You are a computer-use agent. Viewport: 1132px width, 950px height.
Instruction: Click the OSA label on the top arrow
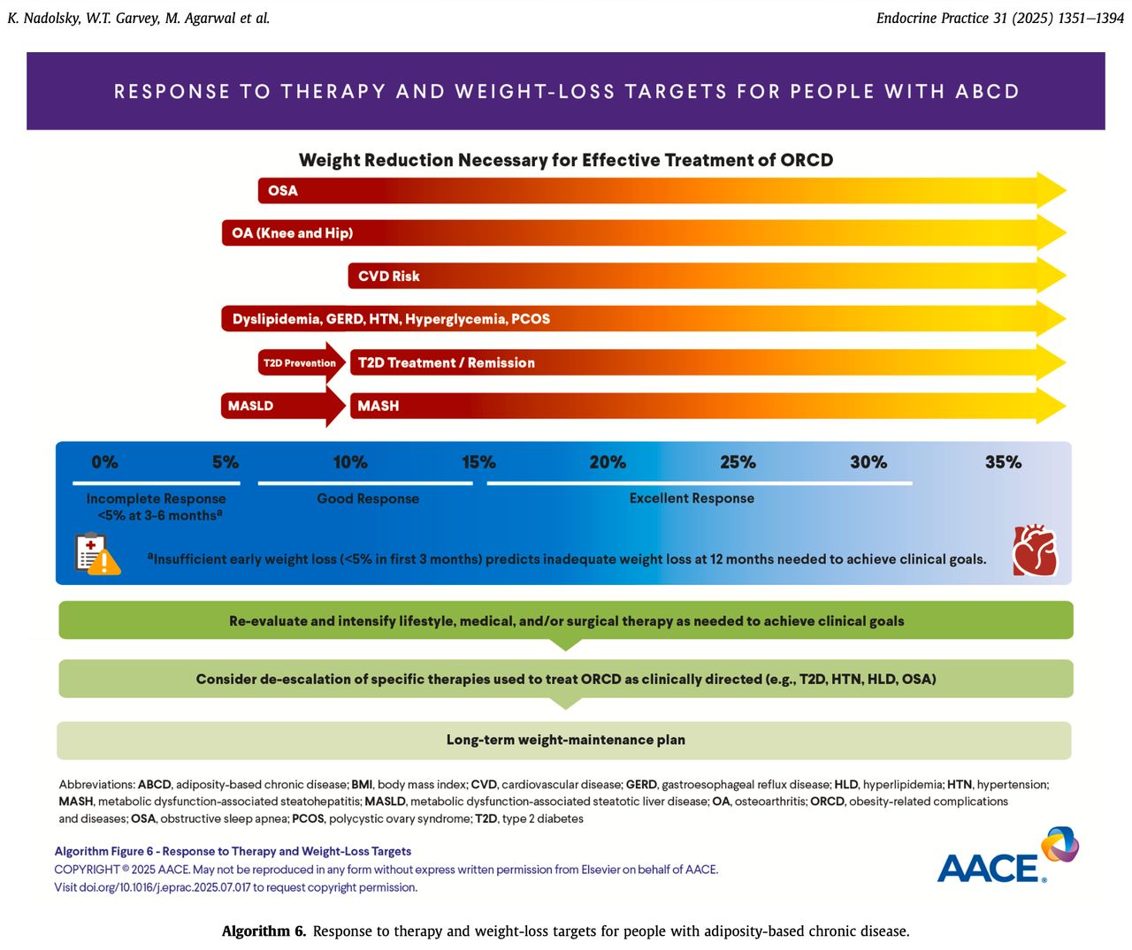(282, 191)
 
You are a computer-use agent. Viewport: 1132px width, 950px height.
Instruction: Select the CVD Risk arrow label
(389, 277)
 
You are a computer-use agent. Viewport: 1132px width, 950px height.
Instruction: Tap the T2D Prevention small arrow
(302, 362)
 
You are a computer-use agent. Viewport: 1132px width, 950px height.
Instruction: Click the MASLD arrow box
(283, 406)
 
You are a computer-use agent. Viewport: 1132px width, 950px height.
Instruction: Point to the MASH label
(378, 406)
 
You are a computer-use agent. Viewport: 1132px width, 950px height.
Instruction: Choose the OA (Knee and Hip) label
(292, 233)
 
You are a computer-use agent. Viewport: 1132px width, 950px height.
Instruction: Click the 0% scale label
(104, 462)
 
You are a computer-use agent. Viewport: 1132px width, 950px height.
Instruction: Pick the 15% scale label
(478, 462)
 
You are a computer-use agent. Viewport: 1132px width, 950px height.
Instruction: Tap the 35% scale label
(1003, 462)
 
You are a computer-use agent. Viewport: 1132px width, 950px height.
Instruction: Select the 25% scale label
(738, 462)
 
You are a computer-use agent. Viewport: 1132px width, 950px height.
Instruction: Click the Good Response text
(368, 498)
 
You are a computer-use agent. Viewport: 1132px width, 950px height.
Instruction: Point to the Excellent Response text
(692, 498)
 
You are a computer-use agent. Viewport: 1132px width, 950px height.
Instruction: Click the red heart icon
(1035, 550)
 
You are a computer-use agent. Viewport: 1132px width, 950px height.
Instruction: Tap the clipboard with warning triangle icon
(97, 554)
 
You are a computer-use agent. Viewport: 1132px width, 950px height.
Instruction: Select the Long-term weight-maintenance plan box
(564, 741)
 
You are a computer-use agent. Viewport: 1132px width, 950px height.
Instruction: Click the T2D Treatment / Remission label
(447, 362)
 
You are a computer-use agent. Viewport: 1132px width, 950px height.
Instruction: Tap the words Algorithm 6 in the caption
(264, 931)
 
